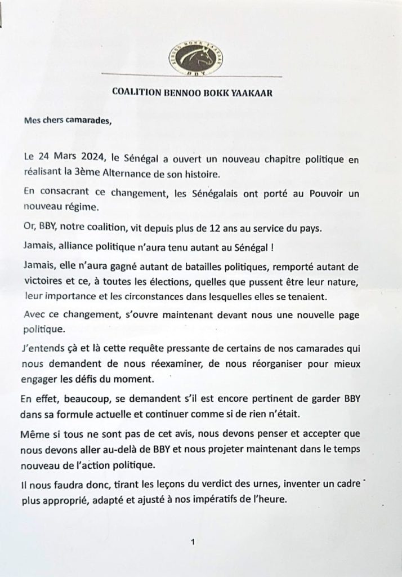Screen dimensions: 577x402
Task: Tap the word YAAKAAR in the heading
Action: coord(253,94)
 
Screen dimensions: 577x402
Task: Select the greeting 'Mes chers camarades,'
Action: coord(68,119)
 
